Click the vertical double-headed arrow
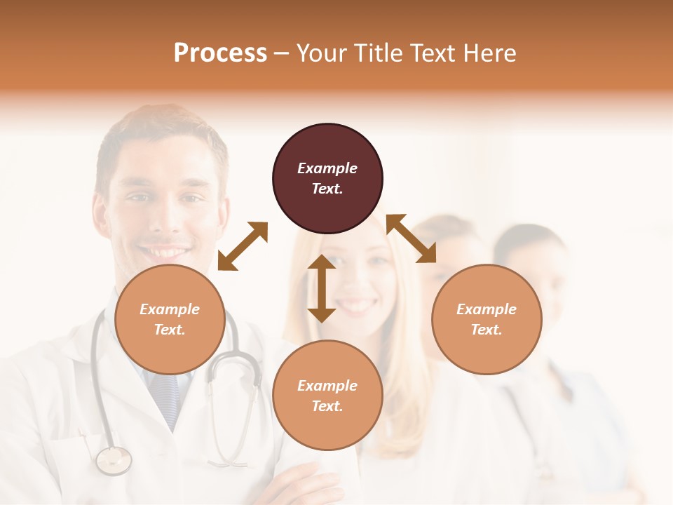322,288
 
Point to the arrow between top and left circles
243,245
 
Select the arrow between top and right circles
411,238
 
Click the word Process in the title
220,53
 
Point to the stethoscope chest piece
114,460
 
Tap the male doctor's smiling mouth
163,250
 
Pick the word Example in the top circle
327,168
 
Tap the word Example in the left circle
170,309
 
